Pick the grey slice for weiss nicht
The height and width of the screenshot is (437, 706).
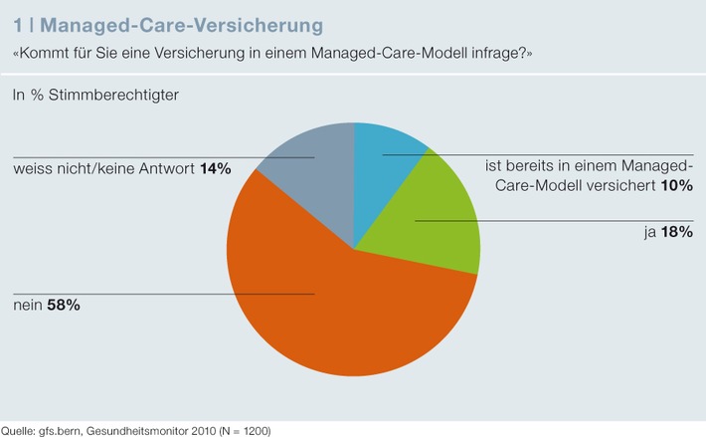tap(313, 179)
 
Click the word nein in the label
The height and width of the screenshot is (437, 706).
tap(27, 306)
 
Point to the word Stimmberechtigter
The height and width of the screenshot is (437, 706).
tap(110, 96)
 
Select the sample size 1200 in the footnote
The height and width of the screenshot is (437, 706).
tap(253, 430)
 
